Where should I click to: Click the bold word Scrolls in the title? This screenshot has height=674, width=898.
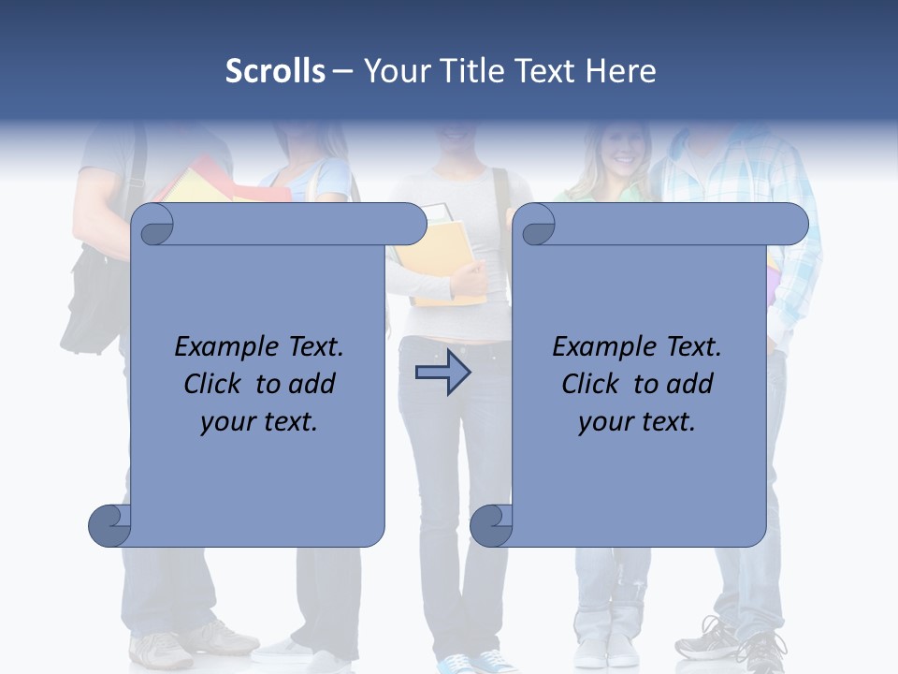point(275,71)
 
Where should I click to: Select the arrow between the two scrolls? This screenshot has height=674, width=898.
point(442,374)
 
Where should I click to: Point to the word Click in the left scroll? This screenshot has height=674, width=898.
point(214,384)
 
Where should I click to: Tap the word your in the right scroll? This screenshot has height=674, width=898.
point(603,422)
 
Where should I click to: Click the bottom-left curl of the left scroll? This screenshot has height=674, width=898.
point(110,526)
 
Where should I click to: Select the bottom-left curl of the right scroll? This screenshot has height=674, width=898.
point(490,526)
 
